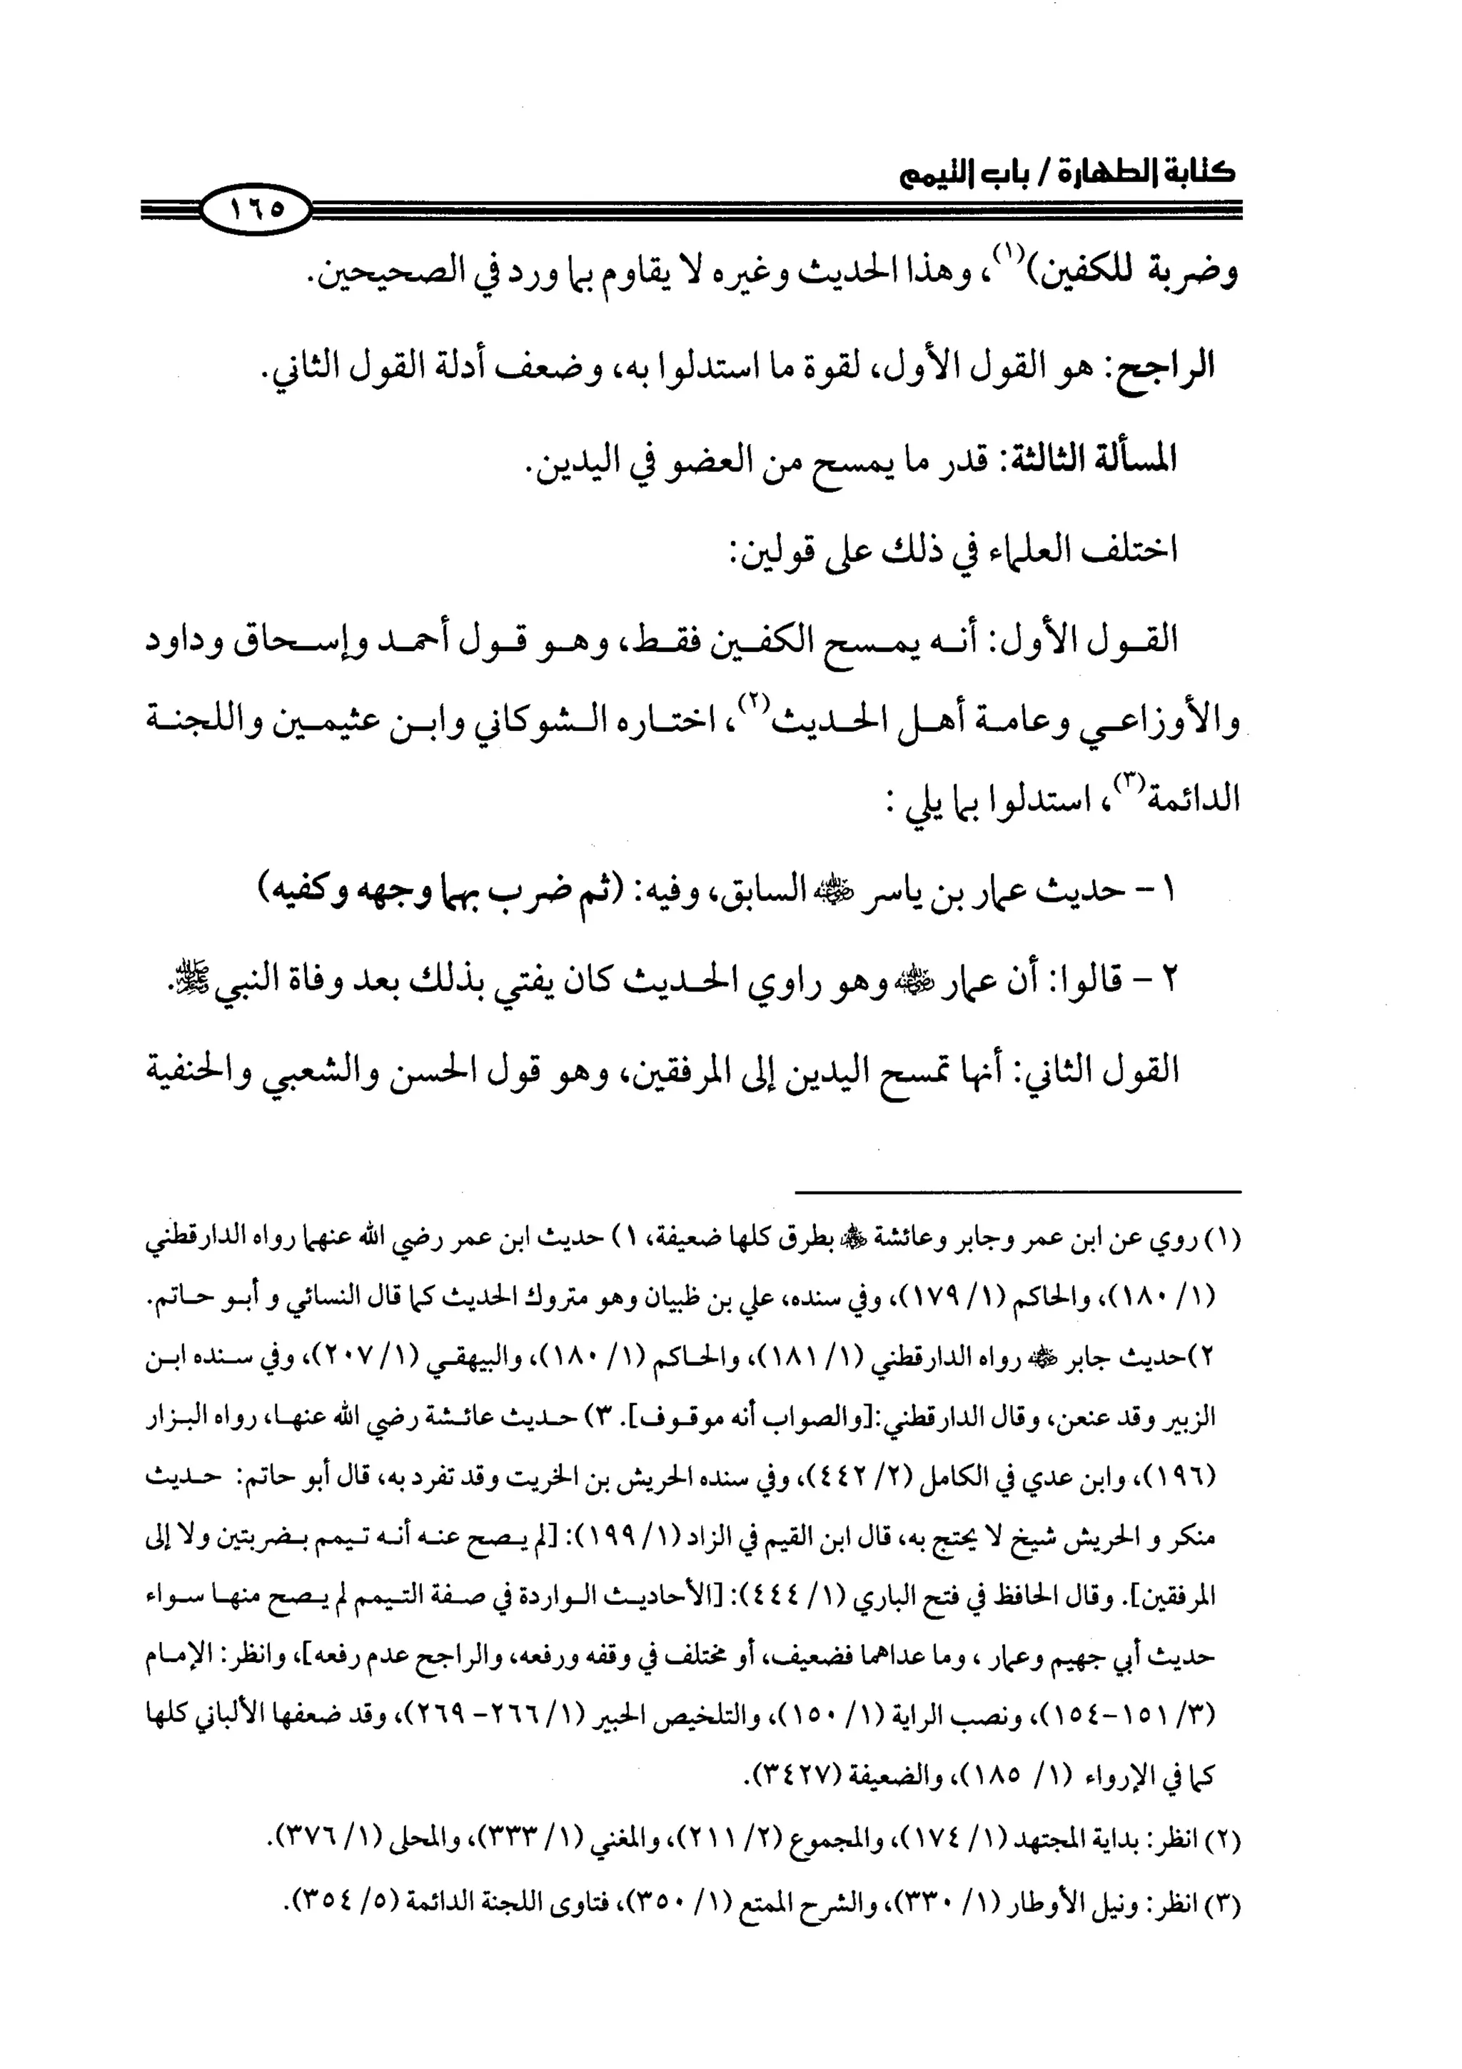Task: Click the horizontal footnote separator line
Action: click(x=1018, y=1192)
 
